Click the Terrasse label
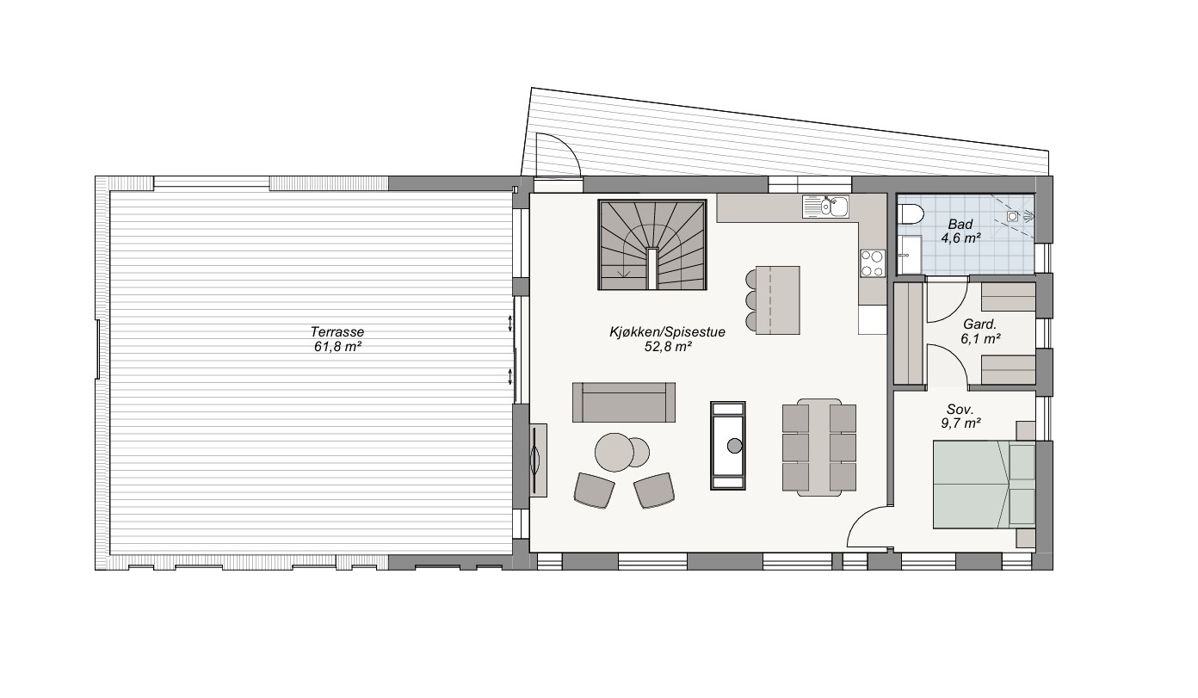click(337, 331)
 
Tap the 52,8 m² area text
click(668, 347)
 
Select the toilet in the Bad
click(911, 216)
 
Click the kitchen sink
click(825, 207)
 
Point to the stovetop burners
click(873, 263)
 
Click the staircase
click(652, 245)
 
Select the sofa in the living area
click(624, 402)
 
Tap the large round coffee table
click(614, 453)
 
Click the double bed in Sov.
click(984, 484)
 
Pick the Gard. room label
click(979, 324)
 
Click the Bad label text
click(960, 224)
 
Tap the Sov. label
click(960, 410)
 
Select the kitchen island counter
click(777, 300)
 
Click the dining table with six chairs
click(818, 448)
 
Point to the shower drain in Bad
click(1012, 216)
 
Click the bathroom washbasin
click(909, 255)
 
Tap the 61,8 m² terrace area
click(337, 347)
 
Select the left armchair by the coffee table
click(594, 490)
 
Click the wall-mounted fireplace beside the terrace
click(538, 460)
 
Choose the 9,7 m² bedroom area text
click(960, 423)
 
